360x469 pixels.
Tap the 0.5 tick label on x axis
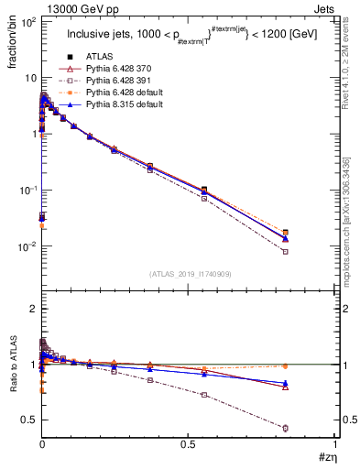pos(188,444)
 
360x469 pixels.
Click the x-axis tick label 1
pos(336,444)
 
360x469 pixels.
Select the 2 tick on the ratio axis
pos(31,309)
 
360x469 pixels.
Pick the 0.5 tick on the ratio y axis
pos(27,420)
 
